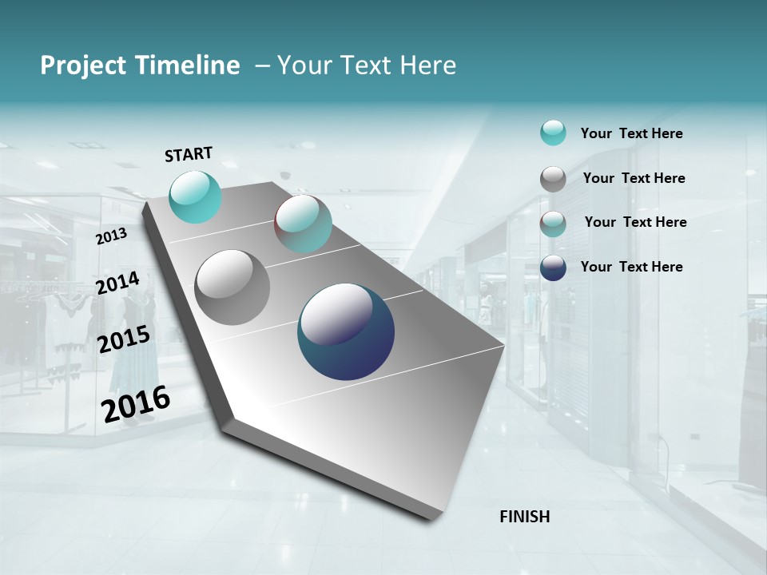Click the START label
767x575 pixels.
189,154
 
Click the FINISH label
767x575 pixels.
525,517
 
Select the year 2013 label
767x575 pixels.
111,236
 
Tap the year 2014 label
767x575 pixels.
117,284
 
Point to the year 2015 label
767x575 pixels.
123,339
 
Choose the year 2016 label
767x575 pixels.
136,403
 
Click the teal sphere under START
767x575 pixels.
195,196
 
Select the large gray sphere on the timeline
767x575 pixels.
232,287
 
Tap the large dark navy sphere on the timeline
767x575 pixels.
346,331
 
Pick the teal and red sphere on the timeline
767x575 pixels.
303,224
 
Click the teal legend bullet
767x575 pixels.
553,133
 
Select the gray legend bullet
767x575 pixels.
553,179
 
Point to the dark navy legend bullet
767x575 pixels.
553,268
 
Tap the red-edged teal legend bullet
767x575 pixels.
553,224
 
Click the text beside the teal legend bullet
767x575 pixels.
631,133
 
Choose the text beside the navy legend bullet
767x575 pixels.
631,267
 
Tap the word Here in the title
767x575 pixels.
427,65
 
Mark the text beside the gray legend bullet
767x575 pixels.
634,178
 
